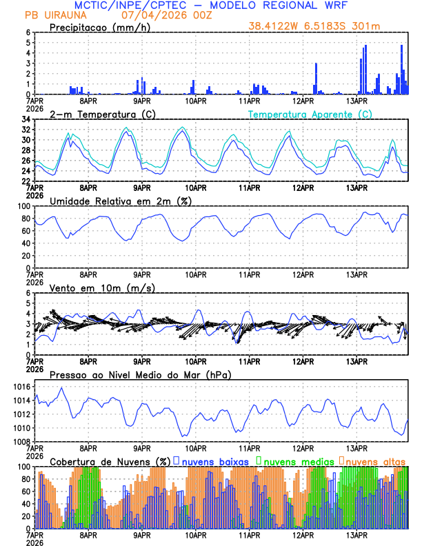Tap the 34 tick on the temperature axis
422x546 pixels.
point(25,119)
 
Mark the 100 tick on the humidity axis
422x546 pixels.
point(22,206)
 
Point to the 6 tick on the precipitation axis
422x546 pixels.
point(28,32)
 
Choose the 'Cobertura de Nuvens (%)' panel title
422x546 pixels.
point(110,461)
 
